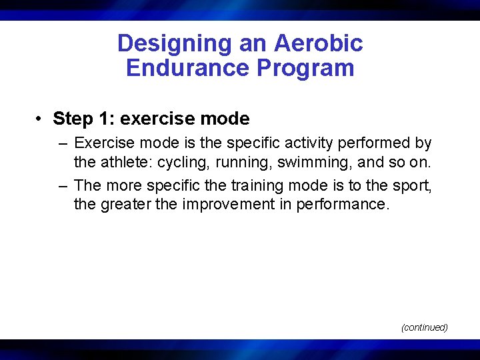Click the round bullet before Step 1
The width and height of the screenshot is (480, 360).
41,119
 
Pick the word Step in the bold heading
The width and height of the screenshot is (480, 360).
73,119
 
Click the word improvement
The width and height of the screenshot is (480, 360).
224,205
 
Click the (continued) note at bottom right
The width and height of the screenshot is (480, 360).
424,327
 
